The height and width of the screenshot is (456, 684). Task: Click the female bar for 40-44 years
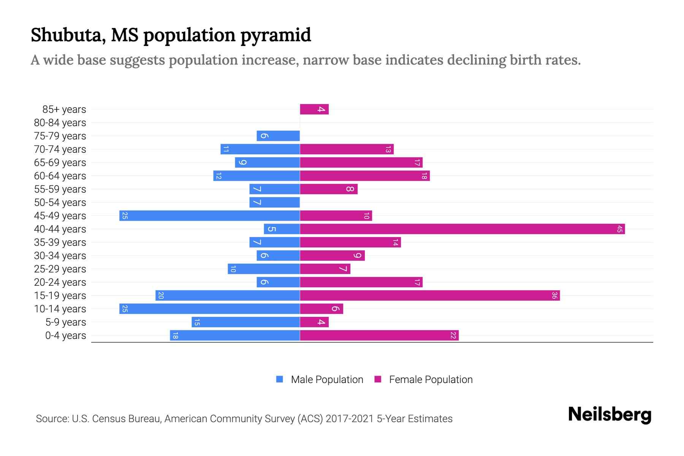(x=462, y=229)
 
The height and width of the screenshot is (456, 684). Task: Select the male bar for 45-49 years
(x=209, y=216)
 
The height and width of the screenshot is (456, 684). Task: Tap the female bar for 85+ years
(x=314, y=109)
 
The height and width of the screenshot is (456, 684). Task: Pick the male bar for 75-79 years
(x=278, y=136)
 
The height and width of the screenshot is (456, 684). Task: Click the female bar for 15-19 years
(x=429, y=296)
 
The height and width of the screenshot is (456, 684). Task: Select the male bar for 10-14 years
(x=209, y=309)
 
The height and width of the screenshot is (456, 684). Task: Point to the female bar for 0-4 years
(x=379, y=336)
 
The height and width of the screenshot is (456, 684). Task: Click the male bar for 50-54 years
(x=274, y=203)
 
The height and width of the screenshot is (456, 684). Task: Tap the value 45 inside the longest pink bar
(x=619, y=229)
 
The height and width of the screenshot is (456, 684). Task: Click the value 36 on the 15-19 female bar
(x=554, y=296)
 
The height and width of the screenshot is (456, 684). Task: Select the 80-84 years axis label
(x=60, y=123)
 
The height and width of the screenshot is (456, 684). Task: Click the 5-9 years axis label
(x=66, y=322)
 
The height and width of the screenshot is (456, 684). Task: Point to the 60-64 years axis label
(x=60, y=176)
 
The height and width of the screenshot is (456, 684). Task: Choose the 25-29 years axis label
(x=60, y=269)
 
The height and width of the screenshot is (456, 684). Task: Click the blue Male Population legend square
(x=280, y=379)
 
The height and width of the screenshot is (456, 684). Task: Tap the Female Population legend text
(x=431, y=379)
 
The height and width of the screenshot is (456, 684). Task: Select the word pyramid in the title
(x=275, y=35)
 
